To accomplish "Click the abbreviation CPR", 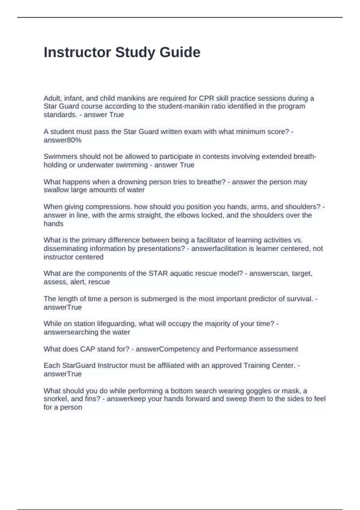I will pos(205,98).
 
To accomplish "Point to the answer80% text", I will pos(62,140).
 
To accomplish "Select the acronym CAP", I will pos(87,349).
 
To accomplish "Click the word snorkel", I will pos(56,399).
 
